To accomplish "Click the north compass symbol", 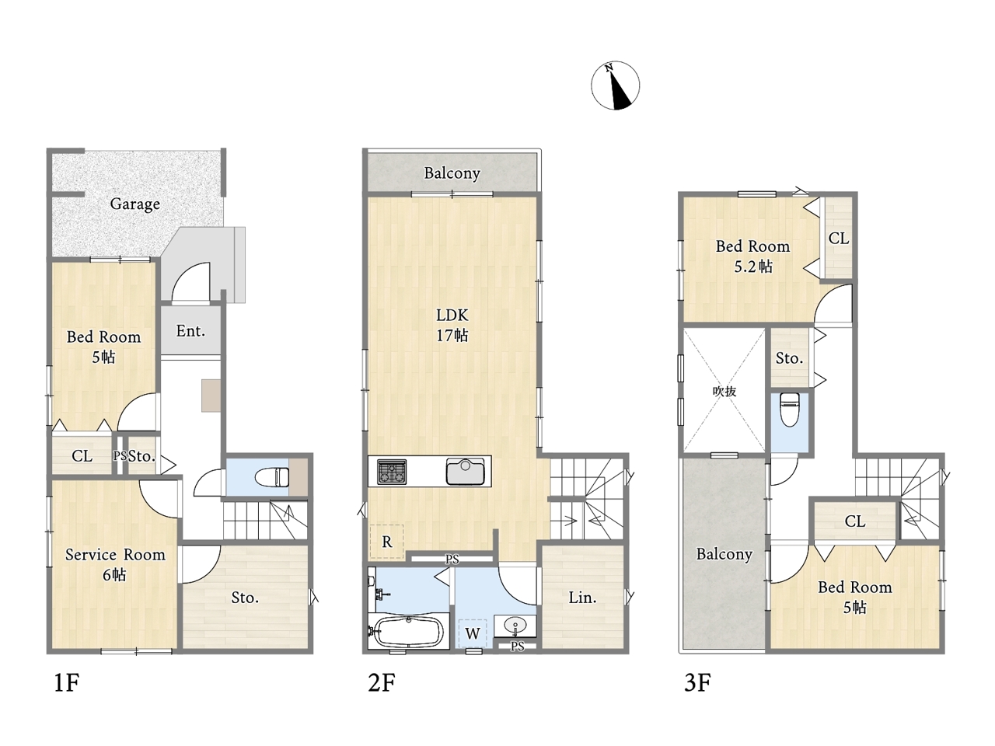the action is (x=615, y=85).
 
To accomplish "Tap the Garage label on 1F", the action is (x=135, y=204).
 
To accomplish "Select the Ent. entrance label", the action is (x=190, y=331).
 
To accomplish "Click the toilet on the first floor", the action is (x=271, y=477).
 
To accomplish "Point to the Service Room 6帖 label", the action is (x=115, y=564).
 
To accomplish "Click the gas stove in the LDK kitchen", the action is (x=392, y=472).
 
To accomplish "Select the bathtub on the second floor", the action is (x=407, y=632).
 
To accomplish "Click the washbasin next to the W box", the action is (x=515, y=626).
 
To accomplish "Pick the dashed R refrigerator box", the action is (x=386, y=542).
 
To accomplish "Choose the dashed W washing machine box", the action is (x=473, y=633).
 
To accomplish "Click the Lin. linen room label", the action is (x=582, y=598).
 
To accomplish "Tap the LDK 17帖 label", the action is (x=452, y=325).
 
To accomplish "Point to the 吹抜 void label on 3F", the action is (x=724, y=392).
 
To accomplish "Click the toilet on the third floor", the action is (x=789, y=410).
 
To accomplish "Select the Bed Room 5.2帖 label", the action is (x=753, y=256).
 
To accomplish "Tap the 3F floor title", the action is (x=697, y=682).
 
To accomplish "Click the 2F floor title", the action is (x=381, y=682).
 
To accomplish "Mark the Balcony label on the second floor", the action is (x=452, y=173).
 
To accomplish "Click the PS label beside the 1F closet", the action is (x=120, y=455).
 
